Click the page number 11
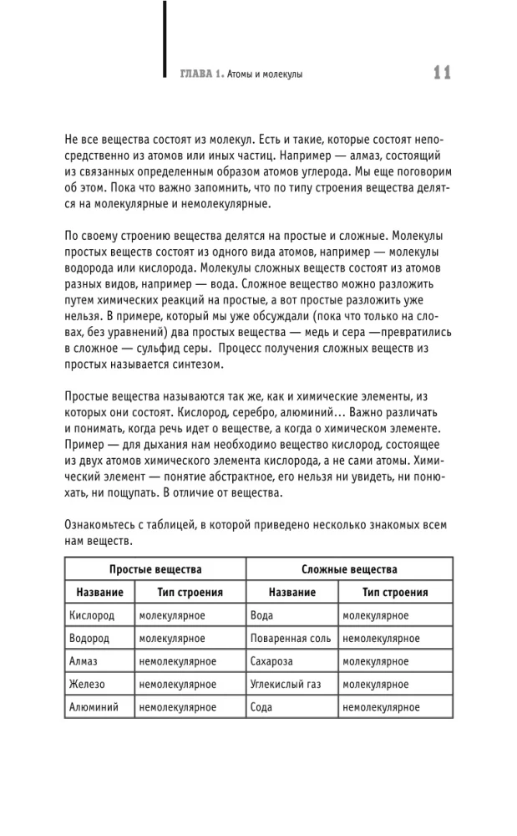(x=442, y=74)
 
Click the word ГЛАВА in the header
(x=196, y=74)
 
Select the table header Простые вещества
(x=155, y=569)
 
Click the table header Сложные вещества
(x=349, y=569)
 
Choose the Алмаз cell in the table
(x=84, y=661)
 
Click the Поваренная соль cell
(x=291, y=639)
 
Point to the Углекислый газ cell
(x=286, y=684)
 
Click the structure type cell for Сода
(x=380, y=706)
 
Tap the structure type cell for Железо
(x=178, y=684)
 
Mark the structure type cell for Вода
(x=375, y=615)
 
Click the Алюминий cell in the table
(x=94, y=706)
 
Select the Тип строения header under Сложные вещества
(x=394, y=592)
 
